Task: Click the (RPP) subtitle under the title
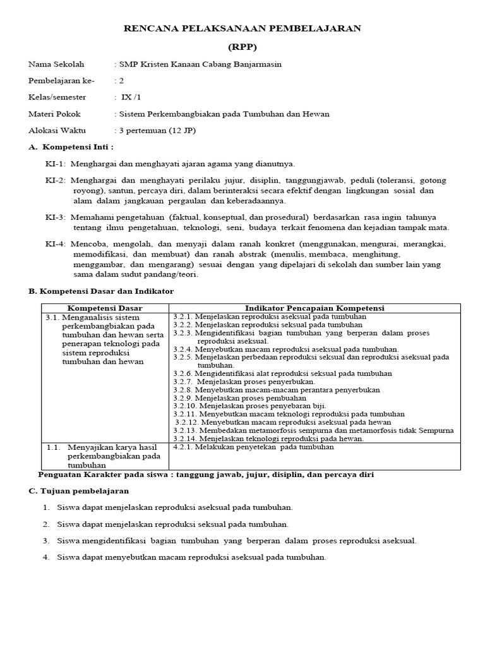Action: point(242,47)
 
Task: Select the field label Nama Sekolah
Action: point(56,64)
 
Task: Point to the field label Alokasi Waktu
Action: point(57,131)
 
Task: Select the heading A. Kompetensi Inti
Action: point(71,147)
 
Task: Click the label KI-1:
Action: point(56,164)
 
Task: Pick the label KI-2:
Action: point(56,180)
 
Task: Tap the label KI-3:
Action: point(56,217)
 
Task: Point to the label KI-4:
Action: point(56,243)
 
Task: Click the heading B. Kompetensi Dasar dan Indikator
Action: point(101,291)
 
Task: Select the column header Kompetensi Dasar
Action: point(105,308)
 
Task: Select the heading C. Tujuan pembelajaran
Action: point(79,491)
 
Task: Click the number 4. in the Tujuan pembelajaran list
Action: point(46,557)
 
